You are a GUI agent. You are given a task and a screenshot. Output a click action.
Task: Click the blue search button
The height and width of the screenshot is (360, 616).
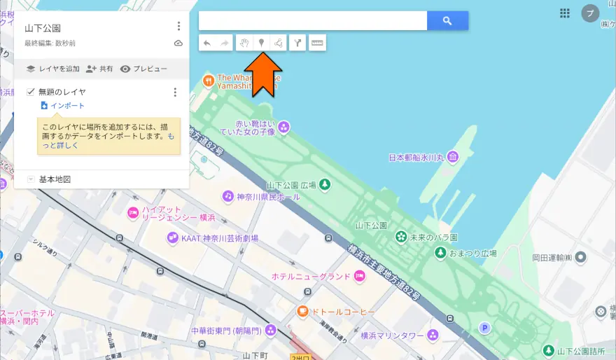[447, 21]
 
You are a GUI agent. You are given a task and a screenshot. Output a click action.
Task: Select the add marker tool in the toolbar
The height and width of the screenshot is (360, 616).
[261, 43]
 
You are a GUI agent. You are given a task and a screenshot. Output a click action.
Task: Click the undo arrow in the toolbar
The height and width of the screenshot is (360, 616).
[207, 43]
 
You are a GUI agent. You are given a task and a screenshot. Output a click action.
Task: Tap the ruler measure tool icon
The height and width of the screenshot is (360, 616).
[317, 43]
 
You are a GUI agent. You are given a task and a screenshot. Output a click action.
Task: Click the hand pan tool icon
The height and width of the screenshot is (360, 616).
[244, 43]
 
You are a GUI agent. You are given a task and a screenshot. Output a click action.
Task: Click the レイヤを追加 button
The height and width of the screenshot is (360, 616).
[52, 69]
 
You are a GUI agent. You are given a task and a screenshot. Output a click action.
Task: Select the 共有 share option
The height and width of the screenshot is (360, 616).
[99, 69]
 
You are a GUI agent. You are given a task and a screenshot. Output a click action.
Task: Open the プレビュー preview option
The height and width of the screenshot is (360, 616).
[143, 69]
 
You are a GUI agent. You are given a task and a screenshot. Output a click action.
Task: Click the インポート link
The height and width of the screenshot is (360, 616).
[67, 106]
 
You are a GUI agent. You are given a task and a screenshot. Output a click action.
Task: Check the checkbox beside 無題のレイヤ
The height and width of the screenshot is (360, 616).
[31, 92]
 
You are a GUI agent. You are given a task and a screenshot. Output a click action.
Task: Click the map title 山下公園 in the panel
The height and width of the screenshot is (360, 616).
[43, 29]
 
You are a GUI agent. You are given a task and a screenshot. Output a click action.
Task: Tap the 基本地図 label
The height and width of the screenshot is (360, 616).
[55, 180]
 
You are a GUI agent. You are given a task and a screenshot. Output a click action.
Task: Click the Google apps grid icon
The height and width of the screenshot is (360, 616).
[565, 13]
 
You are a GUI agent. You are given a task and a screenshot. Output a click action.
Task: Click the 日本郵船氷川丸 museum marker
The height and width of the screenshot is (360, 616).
[453, 157]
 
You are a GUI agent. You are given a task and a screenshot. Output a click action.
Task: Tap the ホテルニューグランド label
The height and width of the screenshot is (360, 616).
[311, 277]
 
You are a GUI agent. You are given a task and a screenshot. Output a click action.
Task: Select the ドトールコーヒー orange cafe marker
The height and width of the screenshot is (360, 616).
[302, 311]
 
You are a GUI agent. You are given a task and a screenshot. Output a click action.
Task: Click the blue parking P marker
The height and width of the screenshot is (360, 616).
[484, 327]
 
